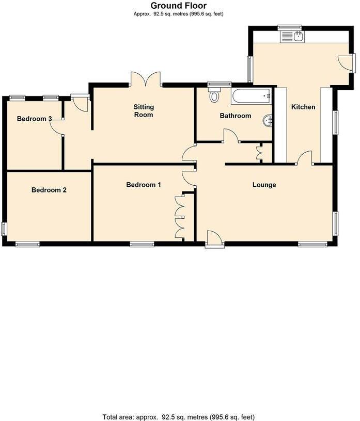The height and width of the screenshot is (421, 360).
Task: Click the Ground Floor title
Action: click(x=179, y=6)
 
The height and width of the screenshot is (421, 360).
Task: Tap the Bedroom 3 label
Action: click(x=35, y=119)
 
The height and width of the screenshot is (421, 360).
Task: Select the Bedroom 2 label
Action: click(x=49, y=190)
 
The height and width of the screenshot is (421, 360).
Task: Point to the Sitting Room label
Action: click(x=144, y=111)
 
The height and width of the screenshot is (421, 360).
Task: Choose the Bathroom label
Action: click(x=236, y=116)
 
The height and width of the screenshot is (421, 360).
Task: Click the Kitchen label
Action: click(x=303, y=107)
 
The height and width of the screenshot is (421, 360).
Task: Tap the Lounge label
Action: click(x=264, y=185)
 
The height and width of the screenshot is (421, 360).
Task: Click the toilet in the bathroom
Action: click(x=214, y=94)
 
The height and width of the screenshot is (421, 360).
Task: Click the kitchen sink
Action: click(x=292, y=36)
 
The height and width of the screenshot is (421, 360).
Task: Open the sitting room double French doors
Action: click(x=146, y=79)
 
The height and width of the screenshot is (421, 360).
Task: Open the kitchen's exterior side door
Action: click(x=346, y=62)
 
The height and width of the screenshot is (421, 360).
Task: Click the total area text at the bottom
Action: click(x=179, y=416)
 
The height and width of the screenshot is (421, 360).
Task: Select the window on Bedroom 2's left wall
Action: click(x=4, y=229)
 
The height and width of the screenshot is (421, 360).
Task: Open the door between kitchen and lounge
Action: click(x=305, y=158)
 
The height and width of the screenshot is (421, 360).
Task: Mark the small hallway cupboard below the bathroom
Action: click(x=260, y=153)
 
